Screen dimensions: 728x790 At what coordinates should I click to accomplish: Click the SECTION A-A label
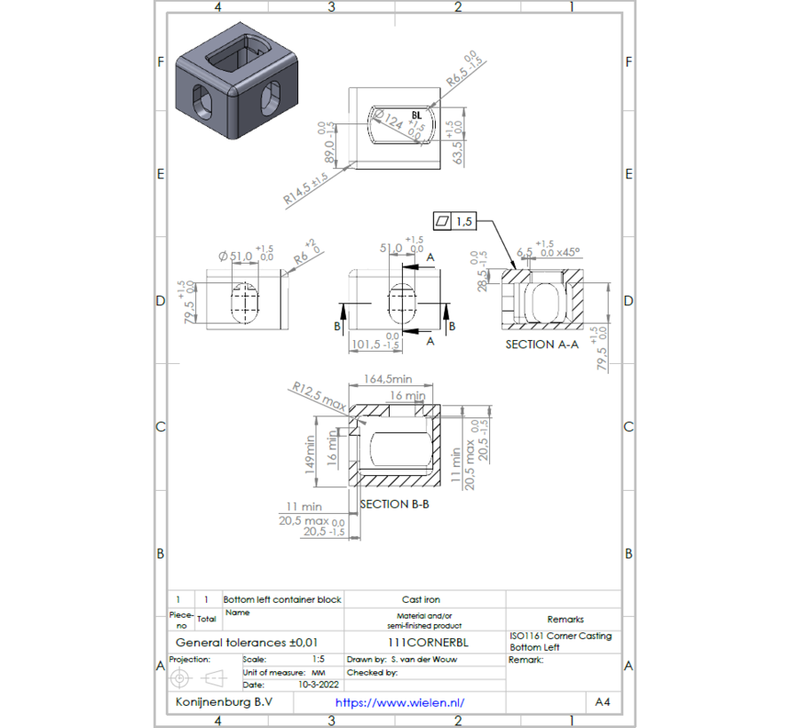(x=541, y=344)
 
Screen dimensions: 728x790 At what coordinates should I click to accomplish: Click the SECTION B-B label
(x=394, y=503)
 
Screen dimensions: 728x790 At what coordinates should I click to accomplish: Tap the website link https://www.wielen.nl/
(x=399, y=702)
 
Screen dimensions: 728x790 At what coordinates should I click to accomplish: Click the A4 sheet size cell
(x=602, y=702)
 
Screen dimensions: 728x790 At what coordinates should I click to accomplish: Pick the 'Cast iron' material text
(x=421, y=599)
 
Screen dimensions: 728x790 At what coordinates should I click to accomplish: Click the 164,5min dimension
(x=388, y=378)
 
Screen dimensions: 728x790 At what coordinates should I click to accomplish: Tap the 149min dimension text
(x=311, y=453)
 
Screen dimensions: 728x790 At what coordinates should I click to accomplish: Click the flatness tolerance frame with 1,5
(x=454, y=221)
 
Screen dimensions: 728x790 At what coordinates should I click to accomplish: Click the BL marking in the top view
(x=417, y=115)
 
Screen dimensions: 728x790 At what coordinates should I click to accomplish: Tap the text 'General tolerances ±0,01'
(x=247, y=642)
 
